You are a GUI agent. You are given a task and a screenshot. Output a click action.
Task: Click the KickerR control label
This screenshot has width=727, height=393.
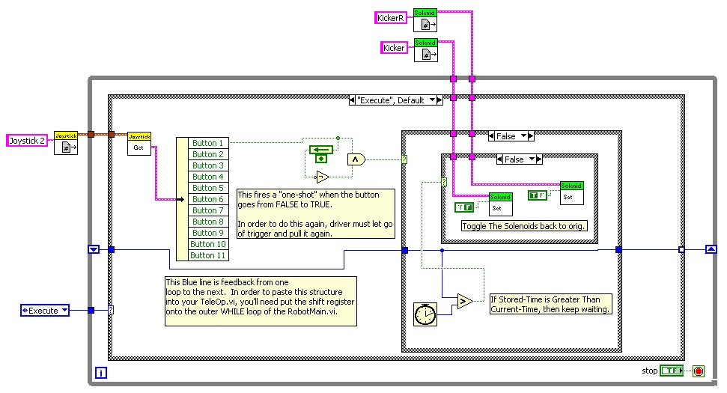[x=391, y=19]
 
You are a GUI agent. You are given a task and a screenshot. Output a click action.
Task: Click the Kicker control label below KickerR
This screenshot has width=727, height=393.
[x=395, y=48]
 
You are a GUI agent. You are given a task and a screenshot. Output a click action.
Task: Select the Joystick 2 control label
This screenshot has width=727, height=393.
[x=28, y=140]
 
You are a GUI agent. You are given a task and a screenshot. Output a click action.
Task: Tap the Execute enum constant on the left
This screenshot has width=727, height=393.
[x=45, y=310]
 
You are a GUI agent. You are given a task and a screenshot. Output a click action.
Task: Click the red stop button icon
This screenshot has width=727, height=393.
[x=699, y=371]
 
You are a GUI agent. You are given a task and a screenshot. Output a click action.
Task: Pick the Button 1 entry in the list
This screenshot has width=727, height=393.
[x=207, y=143]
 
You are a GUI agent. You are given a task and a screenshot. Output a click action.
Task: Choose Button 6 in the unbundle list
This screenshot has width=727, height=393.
[x=207, y=199]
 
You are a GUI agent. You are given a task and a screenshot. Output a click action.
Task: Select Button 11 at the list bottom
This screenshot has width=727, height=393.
[x=207, y=255]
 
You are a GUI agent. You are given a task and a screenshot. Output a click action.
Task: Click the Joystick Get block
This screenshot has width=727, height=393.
[x=139, y=144]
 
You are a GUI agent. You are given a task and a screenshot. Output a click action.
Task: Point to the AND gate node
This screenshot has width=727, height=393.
[x=355, y=159]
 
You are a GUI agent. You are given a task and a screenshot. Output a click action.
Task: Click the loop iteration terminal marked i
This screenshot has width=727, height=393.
[x=102, y=372]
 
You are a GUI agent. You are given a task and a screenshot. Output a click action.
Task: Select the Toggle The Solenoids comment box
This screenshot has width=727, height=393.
[x=524, y=226]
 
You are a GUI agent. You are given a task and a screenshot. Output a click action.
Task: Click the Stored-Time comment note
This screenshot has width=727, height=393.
[x=550, y=304]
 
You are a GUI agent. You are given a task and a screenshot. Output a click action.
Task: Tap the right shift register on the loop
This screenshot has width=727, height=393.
[x=711, y=249]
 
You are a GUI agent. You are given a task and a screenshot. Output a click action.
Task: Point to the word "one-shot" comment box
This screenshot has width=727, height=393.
[x=314, y=213]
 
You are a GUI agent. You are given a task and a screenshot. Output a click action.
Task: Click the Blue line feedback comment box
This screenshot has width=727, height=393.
[x=261, y=301]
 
